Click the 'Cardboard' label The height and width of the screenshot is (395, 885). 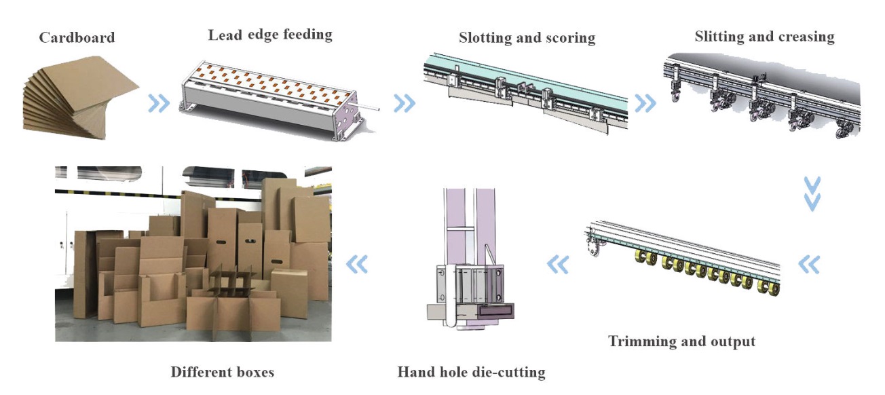click(x=77, y=37)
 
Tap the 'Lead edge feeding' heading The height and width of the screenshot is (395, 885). click(x=270, y=34)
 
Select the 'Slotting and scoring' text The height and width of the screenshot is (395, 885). click(x=527, y=37)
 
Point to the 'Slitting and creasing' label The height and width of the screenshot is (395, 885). click(x=764, y=37)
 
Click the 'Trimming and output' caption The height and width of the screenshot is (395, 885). click(x=681, y=341)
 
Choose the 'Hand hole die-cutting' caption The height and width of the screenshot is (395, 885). click(x=471, y=371)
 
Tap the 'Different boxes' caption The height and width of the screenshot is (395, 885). click(x=223, y=372)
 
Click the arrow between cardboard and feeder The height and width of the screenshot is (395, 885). click(x=159, y=104)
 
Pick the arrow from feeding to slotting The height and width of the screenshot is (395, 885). click(x=404, y=103)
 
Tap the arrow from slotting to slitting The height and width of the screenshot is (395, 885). click(x=645, y=103)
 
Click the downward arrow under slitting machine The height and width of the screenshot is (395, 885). click(x=812, y=194)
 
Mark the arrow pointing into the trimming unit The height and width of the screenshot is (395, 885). click(x=809, y=264)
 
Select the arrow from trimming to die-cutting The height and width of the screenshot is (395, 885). click(x=557, y=264)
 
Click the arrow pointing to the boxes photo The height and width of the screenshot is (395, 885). click(x=357, y=264)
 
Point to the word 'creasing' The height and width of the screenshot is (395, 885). click(x=804, y=37)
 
